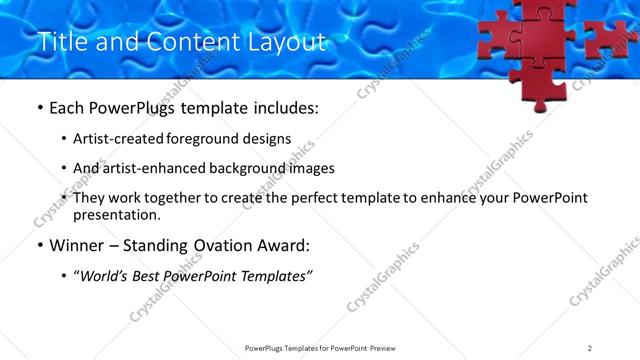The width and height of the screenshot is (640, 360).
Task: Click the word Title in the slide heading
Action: (60, 42)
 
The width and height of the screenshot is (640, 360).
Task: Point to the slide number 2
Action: (590, 347)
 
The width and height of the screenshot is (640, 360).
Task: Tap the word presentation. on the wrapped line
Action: (116, 214)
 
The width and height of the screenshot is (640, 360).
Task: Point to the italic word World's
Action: (105, 276)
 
